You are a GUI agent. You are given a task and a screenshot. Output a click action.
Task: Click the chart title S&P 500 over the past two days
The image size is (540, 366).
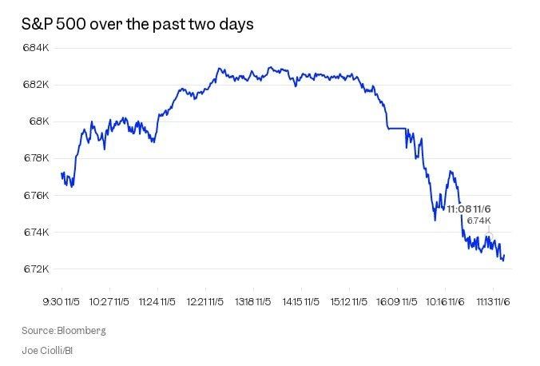[x=137, y=25]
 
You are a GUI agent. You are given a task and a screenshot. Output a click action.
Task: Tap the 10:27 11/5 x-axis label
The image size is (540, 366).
[x=110, y=303]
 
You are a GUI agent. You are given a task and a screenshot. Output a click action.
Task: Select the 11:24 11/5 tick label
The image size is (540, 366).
[x=157, y=303]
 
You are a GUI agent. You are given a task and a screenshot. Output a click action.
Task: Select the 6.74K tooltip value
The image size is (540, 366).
[x=478, y=221]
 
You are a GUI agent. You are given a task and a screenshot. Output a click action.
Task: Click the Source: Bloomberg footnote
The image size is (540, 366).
[x=64, y=330]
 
